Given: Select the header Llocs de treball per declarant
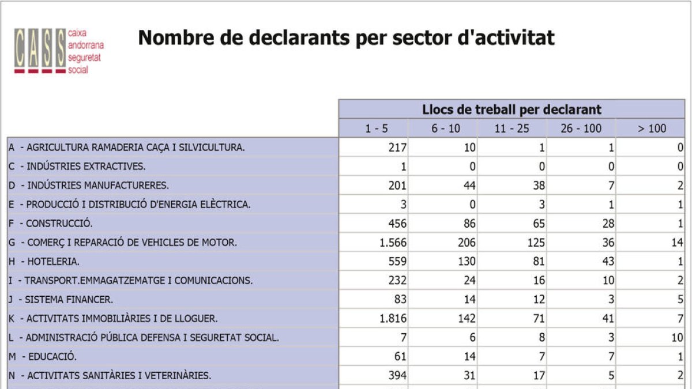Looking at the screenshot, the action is [x=512, y=109].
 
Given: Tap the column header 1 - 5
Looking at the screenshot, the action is [x=377, y=129].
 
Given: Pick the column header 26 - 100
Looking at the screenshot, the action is [x=581, y=129].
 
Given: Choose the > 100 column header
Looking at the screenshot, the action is [x=652, y=129].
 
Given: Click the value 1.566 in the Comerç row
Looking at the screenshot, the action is [x=393, y=243].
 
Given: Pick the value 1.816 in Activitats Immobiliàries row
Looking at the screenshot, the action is [x=393, y=319].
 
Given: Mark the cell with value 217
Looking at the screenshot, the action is [x=397, y=148].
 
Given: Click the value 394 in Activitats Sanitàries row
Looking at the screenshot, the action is [x=397, y=376].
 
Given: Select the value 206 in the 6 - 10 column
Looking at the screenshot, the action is [x=467, y=243].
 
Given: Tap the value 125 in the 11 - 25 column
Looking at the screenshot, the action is [x=536, y=243].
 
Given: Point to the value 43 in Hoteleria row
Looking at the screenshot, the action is [x=608, y=262].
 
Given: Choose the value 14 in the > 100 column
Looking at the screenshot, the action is [x=677, y=243].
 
